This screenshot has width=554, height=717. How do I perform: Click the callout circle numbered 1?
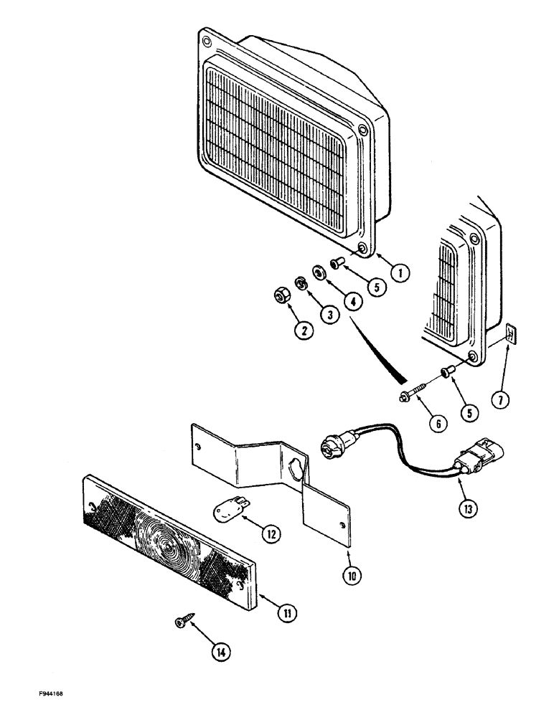click(x=400, y=272)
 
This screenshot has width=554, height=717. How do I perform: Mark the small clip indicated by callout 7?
click(x=509, y=334)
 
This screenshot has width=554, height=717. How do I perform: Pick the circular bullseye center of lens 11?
click(x=169, y=546)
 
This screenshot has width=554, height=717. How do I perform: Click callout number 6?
click(x=437, y=422)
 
